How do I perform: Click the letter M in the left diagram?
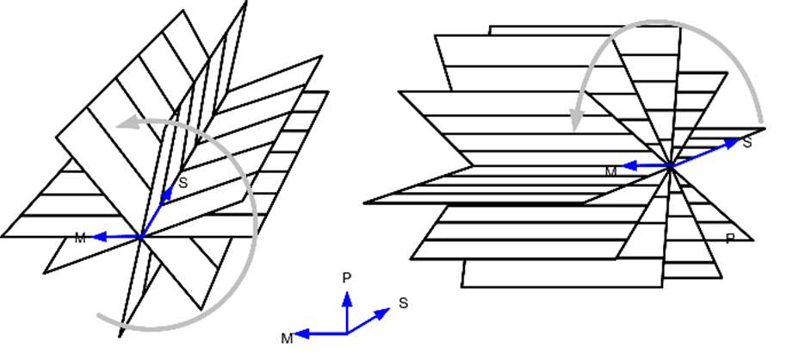[x=80, y=238]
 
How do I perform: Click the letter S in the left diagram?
[x=183, y=183]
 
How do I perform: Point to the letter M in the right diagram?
[x=611, y=171]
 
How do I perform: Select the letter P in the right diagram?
[x=730, y=239]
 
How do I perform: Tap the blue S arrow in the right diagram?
[x=706, y=152]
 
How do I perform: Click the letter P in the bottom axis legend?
[x=346, y=277]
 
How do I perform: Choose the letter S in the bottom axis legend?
[x=403, y=303]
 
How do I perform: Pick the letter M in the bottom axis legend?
[x=287, y=338]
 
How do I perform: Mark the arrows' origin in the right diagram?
[x=671, y=164]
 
